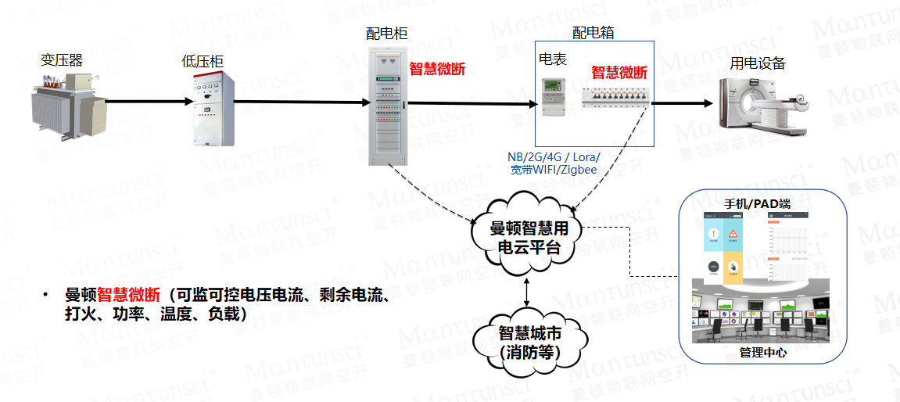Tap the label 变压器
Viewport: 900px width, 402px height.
(x=63, y=60)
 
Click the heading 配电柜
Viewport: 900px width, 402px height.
(x=387, y=34)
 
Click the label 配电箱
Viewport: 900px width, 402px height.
(x=593, y=33)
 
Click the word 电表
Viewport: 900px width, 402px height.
(x=553, y=59)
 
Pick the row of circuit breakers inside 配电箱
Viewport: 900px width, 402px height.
(x=615, y=98)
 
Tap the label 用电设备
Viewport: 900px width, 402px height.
(x=758, y=64)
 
